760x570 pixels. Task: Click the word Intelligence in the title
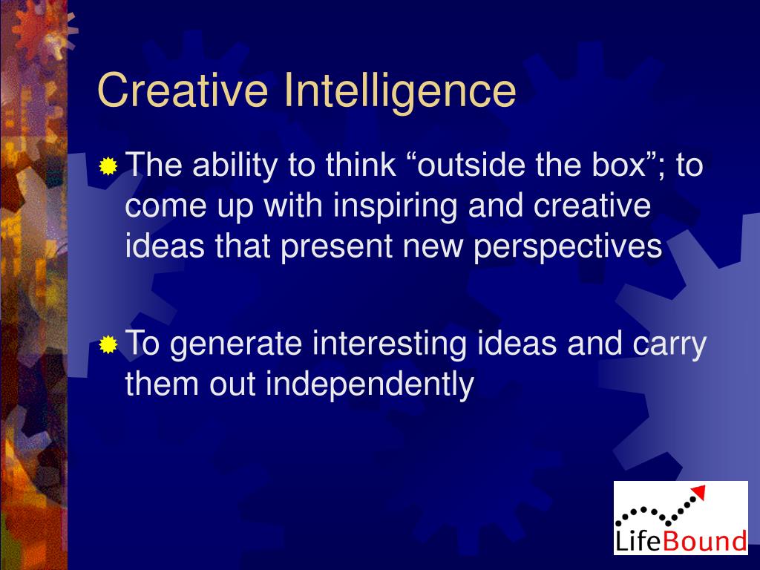tap(399, 91)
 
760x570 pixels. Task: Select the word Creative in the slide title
tap(183, 91)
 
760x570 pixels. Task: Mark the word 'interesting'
tap(390, 345)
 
